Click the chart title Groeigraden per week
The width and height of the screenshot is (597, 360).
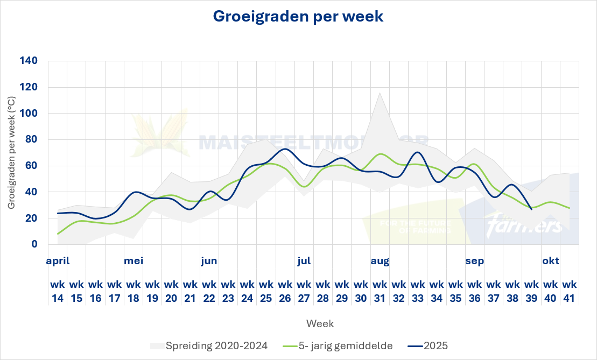(298, 16)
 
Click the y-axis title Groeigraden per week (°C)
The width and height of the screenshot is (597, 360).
(11, 153)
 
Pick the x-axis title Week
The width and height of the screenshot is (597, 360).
(320, 323)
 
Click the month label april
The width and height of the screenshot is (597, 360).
(58, 262)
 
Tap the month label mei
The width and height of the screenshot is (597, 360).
(134, 262)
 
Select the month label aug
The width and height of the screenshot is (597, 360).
(380, 262)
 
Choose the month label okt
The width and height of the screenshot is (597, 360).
(550, 262)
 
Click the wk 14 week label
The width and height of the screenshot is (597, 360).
(58, 291)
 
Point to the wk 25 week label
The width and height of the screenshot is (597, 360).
(266, 291)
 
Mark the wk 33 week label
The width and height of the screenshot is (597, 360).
(418, 291)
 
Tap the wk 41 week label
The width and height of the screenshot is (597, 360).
(569, 291)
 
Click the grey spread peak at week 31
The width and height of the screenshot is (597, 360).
(380, 93)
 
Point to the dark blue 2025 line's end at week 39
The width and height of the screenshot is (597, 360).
(531, 209)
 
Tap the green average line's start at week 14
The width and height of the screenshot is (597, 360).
(58, 234)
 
